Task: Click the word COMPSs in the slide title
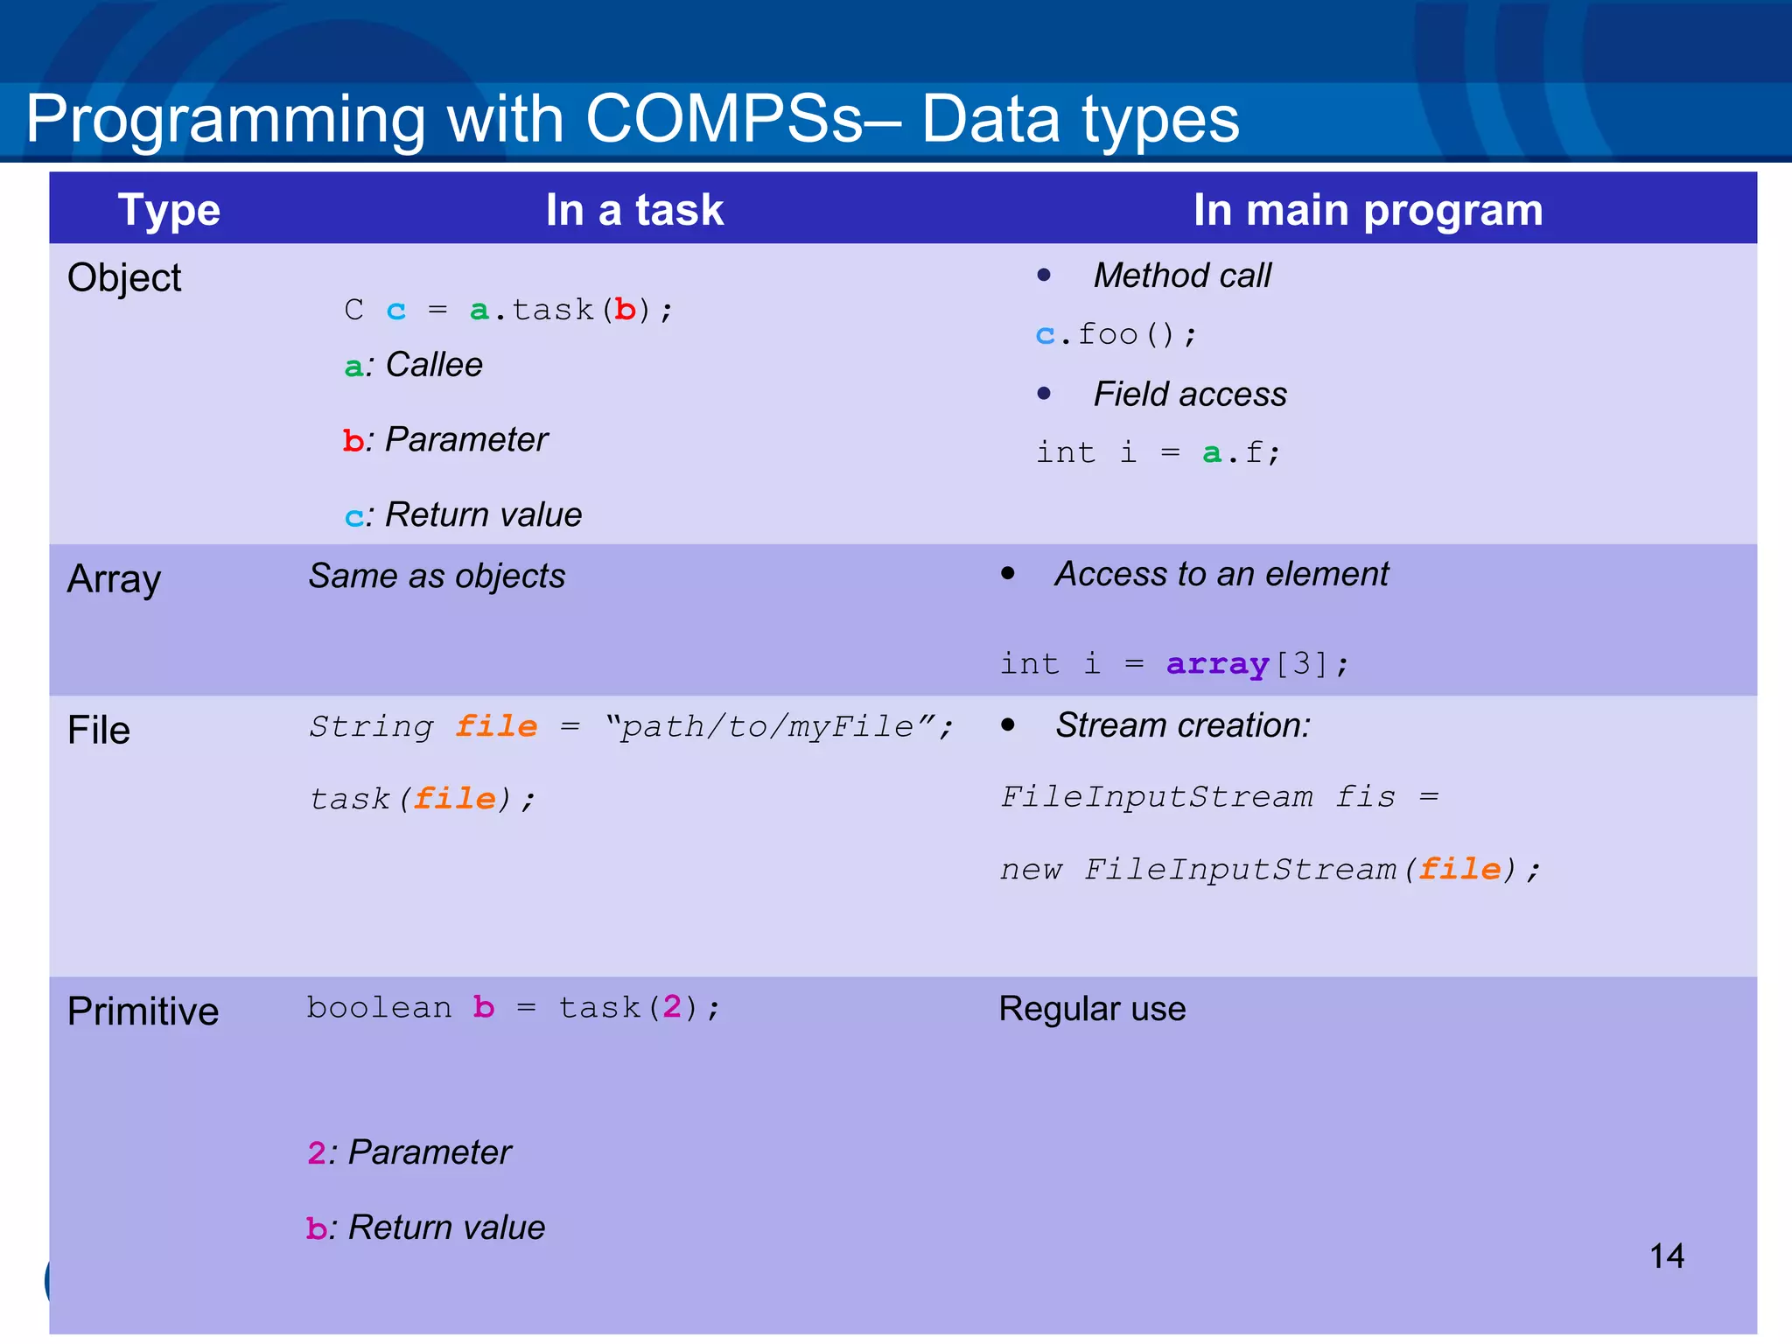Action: pyautogui.click(x=724, y=119)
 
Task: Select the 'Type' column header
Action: pyautogui.click(x=169, y=210)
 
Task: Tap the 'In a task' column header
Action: pyautogui.click(x=634, y=210)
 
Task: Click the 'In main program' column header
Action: pyautogui.click(x=1368, y=210)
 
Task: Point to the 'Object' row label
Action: pyautogui.click(x=124, y=278)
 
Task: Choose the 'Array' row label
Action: pyautogui.click(x=114, y=579)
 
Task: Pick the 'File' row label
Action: pyautogui.click(x=99, y=730)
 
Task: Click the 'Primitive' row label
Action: pyautogui.click(x=143, y=1011)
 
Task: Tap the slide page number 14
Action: pyautogui.click(x=1666, y=1256)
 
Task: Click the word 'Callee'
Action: pyautogui.click(x=434, y=365)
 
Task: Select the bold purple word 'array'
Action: pyautogui.click(x=1217, y=663)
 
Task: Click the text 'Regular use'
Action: pyautogui.click(x=1092, y=1009)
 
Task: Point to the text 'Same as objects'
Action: pyautogui.click(x=437, y=577)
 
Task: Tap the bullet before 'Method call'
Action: pyautogui.click(x=1043, y=275)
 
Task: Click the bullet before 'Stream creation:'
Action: pyautogui.click(x=1008, y=724)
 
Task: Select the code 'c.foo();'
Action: pyautogui.click(x=1116, y=334)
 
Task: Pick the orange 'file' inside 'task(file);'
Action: pyautogui.click(x=455, y=798)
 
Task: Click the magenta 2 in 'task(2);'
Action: pyautogui.click(x=671, y=1007)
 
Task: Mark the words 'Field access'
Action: pyautogui.click(x=1190, y=395)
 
